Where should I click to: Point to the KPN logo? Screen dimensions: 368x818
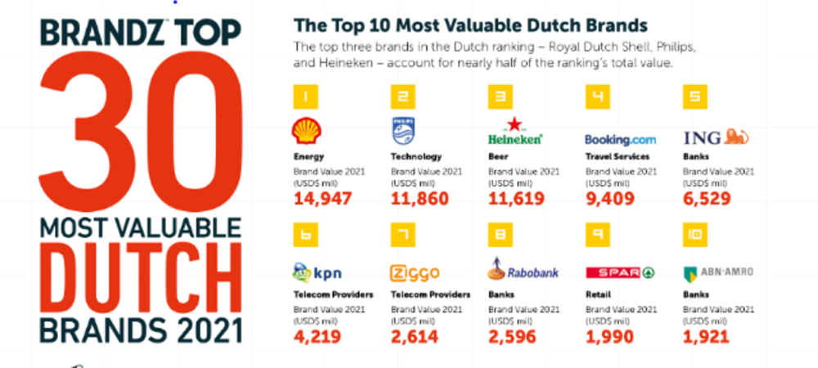point(315,271)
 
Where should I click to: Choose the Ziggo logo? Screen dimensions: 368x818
point(415,272)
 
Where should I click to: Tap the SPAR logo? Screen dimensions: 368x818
point(621,272)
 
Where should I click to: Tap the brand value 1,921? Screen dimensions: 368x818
point(706,335)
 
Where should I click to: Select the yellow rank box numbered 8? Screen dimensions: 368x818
point(499,235)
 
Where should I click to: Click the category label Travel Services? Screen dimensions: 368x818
point(618,156)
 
